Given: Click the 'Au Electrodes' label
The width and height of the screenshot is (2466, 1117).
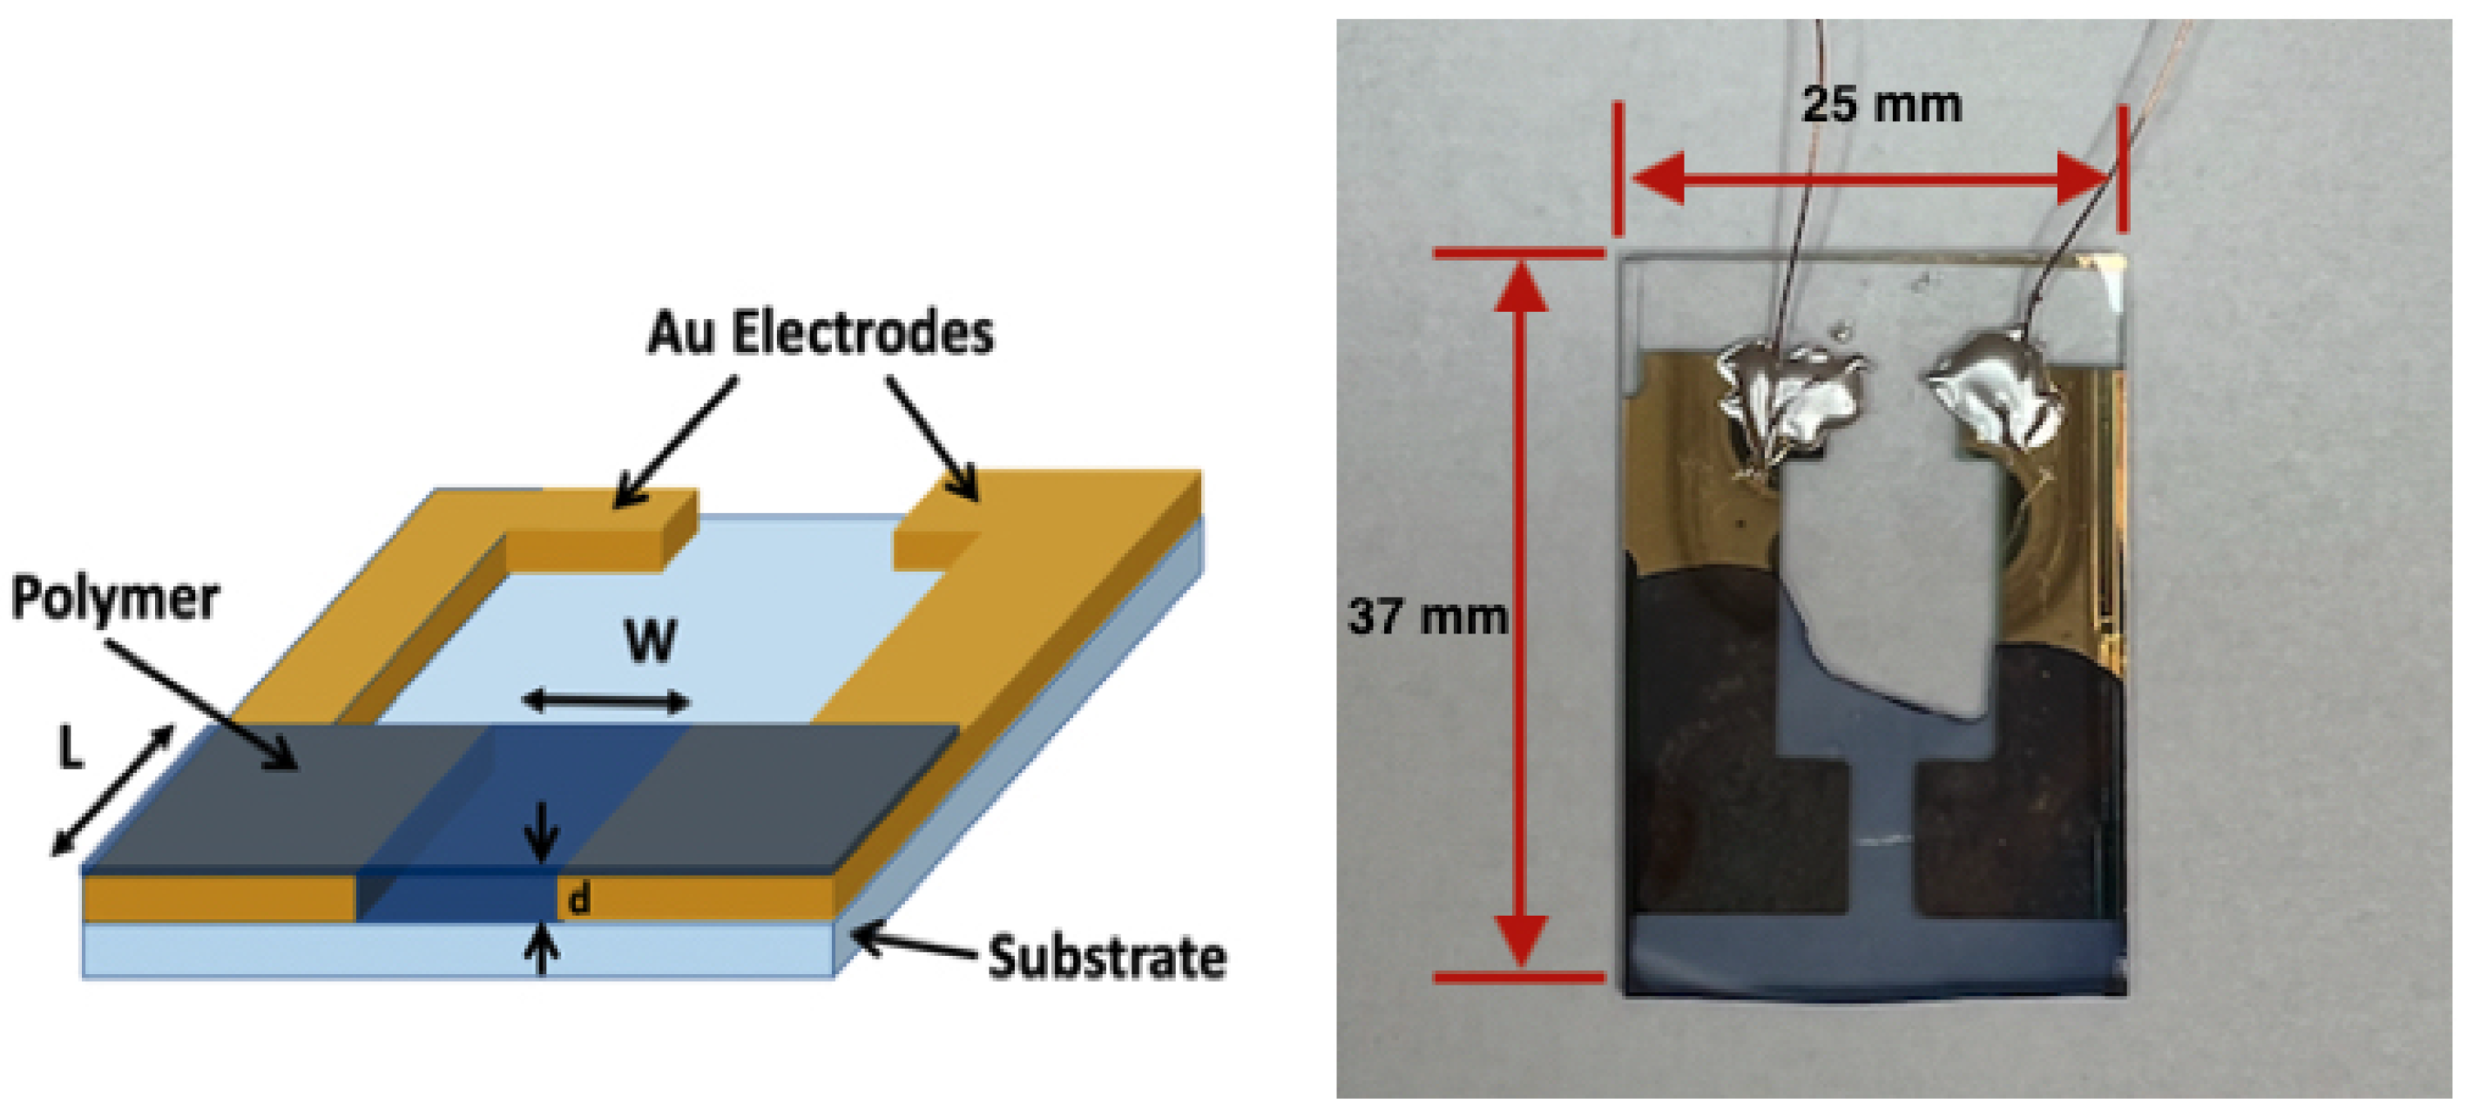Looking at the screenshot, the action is (x=821, y=333).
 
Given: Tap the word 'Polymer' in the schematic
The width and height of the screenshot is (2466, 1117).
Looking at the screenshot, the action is (x=115, y=599).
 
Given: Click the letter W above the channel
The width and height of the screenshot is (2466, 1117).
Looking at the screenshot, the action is (x=651, y=641).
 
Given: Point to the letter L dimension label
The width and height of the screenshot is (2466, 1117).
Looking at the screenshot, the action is (x=69, y=748).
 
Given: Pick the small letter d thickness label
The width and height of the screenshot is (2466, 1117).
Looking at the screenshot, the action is (x=578, y=900).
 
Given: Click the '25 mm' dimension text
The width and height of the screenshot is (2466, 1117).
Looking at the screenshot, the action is (x=1882, y=104).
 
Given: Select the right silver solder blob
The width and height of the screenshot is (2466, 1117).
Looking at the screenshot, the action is (x=1996, y=392).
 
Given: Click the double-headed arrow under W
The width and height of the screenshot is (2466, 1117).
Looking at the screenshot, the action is (x=606, y=701).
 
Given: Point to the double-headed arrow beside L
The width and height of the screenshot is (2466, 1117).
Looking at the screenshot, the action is (x=113, y=790).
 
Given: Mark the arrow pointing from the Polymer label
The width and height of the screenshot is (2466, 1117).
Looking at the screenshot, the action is (x=201, y=703).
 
